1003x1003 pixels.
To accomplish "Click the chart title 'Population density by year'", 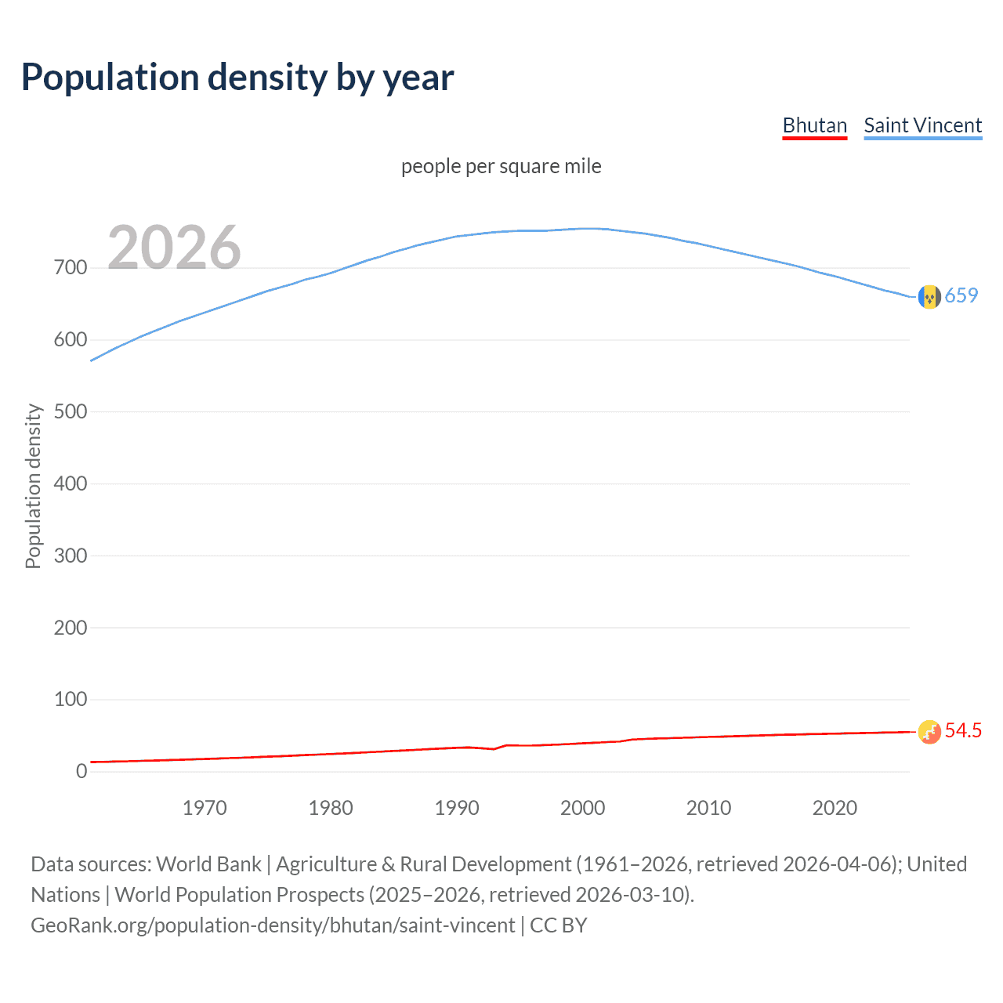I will [x=237, y=78].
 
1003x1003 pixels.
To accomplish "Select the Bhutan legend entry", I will [x=814, y=125].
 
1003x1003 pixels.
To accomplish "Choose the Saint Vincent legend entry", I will [x=922, y=125].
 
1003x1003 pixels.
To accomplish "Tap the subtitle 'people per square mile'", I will [x=501, y=166].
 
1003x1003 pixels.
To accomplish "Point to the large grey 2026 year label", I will [x=174, y=248].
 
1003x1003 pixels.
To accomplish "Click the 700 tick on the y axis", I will [x=71, y=268].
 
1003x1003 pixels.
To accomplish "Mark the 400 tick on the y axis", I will [x=71, y=483].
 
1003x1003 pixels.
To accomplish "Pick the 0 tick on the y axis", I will [x=81, y=771].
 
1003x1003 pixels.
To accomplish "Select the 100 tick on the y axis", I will [x=71, y=699].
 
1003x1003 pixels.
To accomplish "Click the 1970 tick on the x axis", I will [x=205, y=808].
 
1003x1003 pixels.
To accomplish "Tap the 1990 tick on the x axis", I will [x=457, y=808].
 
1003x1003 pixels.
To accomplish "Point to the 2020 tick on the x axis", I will [x=835, y=808].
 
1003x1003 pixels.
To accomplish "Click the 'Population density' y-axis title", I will [x=33, y=486].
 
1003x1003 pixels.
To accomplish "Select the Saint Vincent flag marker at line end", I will [x=929, y=297].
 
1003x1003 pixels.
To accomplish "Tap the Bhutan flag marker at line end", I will [x=929, y=732].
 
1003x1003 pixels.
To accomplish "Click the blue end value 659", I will [x=961, y=295].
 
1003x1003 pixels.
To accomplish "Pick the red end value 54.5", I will [x=963, y=730].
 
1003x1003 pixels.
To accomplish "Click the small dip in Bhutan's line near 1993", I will [x=494, y=749].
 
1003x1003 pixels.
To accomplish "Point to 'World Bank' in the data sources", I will [x=208, y=864].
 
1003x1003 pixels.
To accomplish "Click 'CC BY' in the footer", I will [x=558, y=925].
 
